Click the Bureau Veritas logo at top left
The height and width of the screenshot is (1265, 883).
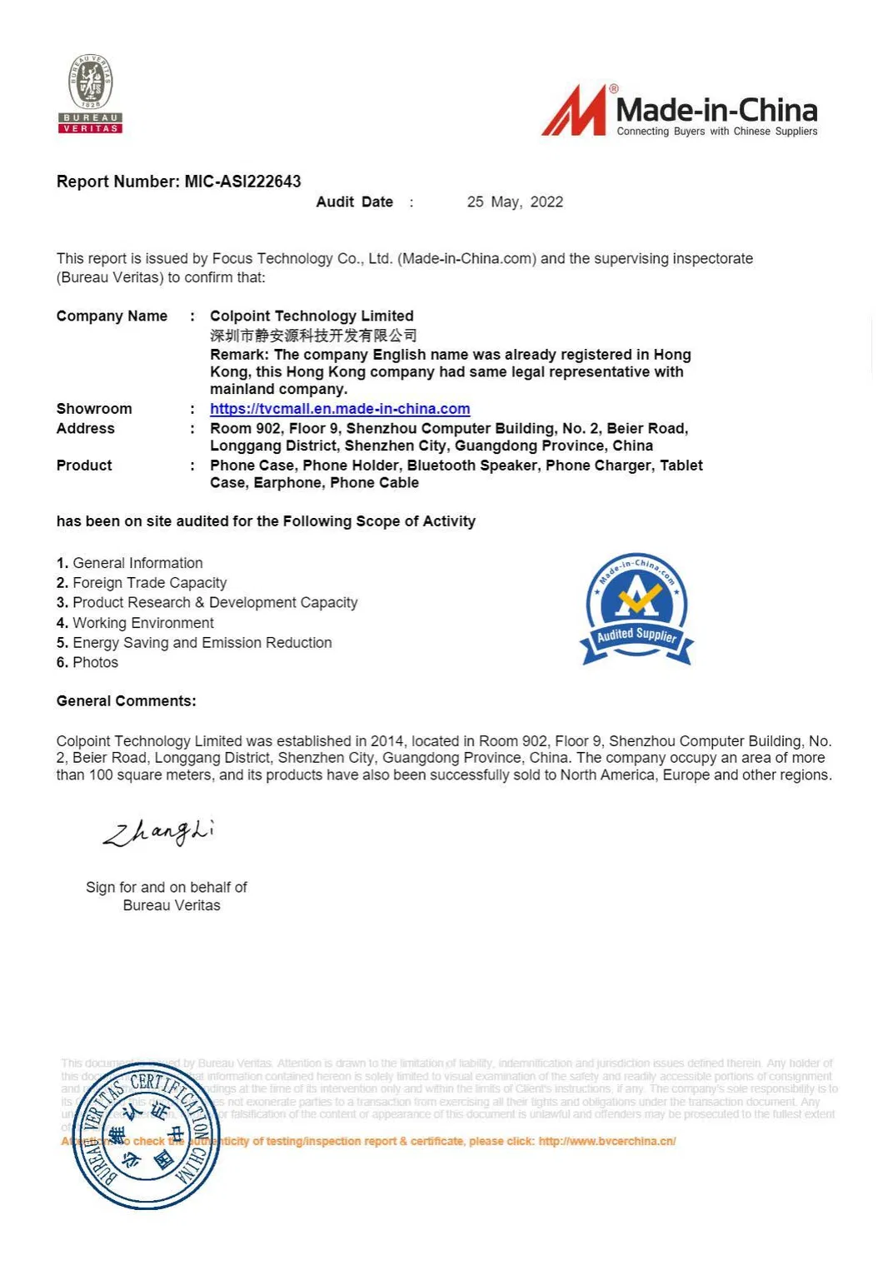90,93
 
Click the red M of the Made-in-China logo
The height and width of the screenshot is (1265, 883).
575,111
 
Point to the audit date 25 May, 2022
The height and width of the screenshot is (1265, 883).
515,202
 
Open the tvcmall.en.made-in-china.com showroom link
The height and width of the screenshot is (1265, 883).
340,409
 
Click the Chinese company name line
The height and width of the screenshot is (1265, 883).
313,336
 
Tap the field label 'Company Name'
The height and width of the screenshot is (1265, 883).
112,316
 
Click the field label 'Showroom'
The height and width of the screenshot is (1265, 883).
94,409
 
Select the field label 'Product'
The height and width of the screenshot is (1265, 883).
84,466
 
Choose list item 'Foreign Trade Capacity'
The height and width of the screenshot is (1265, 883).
149,583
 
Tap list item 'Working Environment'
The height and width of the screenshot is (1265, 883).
142,623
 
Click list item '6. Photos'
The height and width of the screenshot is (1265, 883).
87,663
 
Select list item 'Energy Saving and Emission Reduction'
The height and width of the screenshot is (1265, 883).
202,643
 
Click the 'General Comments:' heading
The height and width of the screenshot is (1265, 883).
126,701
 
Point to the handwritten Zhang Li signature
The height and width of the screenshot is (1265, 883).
158,832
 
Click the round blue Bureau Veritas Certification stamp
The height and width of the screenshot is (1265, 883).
147,1136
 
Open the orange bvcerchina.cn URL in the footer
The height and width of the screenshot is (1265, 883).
606,1141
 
